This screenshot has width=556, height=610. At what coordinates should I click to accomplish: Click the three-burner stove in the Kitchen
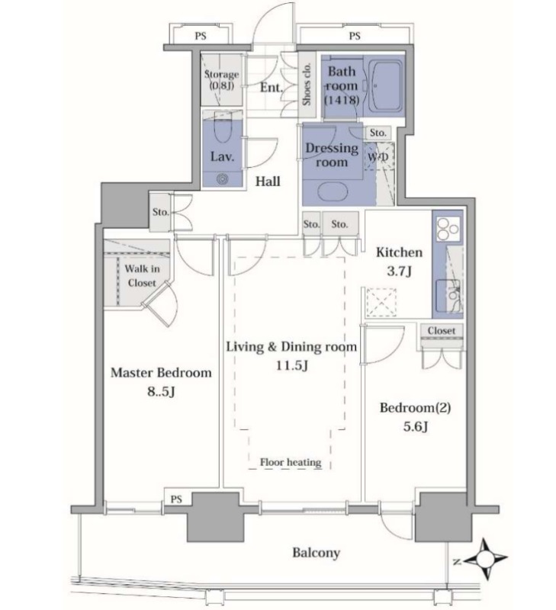point(448,228)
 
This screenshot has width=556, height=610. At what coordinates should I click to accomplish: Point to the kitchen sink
point(448,296)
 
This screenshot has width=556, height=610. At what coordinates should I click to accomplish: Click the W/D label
point(378,157)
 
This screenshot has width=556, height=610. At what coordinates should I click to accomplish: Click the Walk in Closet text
point(142,275)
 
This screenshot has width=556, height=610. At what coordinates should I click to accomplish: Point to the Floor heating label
point(291,462)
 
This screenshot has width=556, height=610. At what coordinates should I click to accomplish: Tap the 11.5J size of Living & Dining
point(292,366)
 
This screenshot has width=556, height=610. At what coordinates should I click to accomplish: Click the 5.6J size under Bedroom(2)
point(415,427)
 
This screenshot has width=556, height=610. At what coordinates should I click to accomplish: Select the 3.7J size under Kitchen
point(399,271)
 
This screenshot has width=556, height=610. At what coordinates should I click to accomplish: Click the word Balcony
point(316,552)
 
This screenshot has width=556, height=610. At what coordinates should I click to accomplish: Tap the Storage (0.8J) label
point(221,80)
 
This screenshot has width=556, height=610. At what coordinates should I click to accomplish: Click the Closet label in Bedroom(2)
point(442,331)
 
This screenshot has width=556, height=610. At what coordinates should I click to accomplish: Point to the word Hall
point(268,181)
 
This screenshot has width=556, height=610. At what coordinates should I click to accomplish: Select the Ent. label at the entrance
point(272,87)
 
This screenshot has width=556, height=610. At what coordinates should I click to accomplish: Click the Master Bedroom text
point(161,372)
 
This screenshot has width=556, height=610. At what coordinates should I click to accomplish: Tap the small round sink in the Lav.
point(222,179)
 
